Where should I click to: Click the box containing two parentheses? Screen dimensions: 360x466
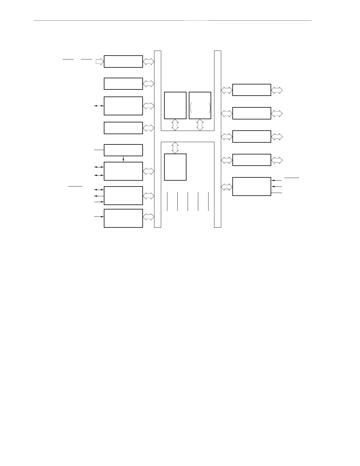[x=200, y=105]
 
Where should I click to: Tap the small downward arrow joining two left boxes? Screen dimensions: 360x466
[x=123, y=159]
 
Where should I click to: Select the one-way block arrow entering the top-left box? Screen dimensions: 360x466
[x=100, y=61]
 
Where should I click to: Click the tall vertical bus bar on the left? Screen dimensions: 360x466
[x=158, y=139]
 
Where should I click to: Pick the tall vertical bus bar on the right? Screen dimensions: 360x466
[x=217, y=139]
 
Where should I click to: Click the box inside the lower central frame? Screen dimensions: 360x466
[x=175, y=167]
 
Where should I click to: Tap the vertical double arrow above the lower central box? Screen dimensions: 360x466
[x=175, y=148]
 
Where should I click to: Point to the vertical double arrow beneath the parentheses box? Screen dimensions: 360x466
[x=200, y=125]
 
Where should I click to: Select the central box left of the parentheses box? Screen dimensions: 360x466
[x=175, y=105]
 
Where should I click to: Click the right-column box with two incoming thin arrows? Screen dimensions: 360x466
[x=251, y=187]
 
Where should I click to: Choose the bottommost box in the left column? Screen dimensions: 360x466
[x=123, y=218]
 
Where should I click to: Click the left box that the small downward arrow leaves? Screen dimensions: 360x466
[x=123, y=150]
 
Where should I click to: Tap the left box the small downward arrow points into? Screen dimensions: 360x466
[x=123, y=171]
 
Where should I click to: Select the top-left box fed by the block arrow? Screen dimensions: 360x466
[x=123, y=61]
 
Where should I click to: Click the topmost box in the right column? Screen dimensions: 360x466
[x=251, y=90]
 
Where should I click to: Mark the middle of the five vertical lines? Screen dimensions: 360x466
[x=188, y=202]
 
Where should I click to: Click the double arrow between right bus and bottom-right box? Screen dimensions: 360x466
[x=226, y=187]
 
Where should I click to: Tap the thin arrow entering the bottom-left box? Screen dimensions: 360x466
[x=99, y=217]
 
